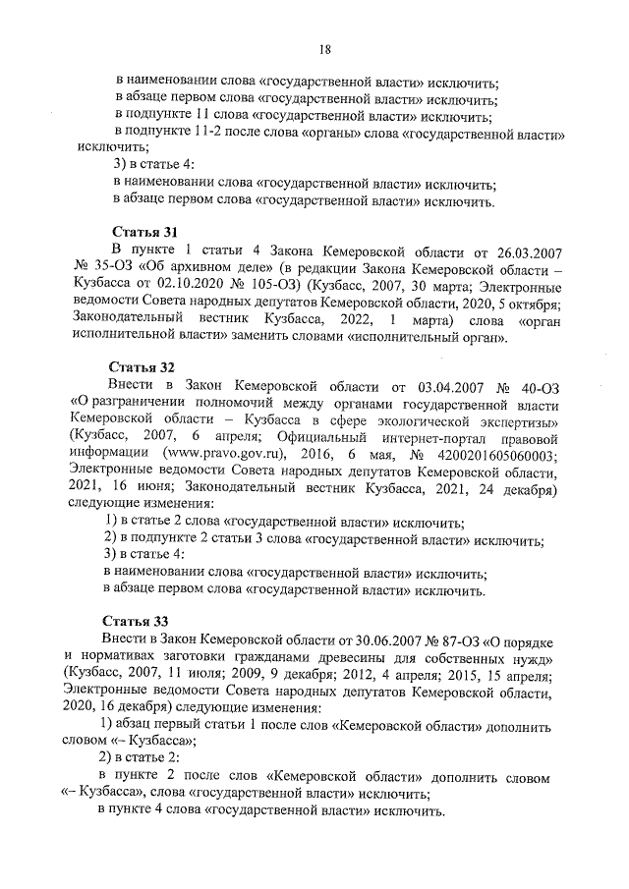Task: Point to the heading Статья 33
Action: tap(139, 621)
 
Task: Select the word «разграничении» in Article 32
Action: tap(136, 403)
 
